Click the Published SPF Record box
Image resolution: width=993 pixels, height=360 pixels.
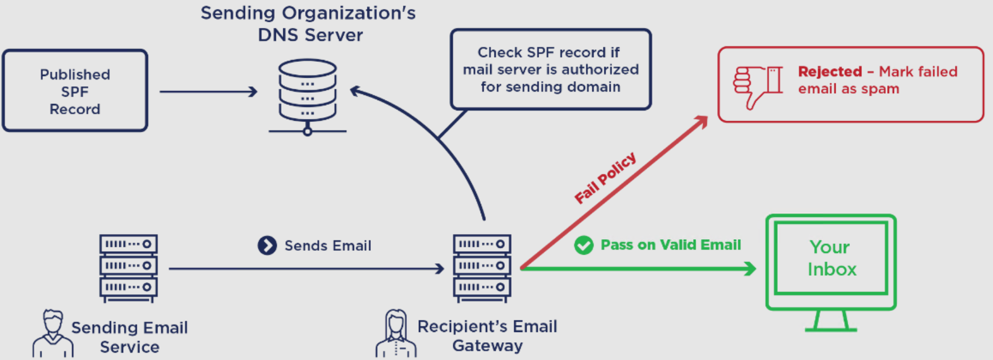point(75,91)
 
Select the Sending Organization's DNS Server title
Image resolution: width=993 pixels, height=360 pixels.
point(308,23)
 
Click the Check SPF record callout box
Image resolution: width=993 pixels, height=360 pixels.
point(551,69)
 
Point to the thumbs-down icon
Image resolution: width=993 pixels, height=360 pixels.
point(758,86)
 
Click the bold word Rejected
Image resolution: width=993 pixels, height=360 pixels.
point(829,72)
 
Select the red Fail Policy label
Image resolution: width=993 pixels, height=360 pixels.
point(605,177)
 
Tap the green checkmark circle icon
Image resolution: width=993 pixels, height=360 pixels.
point(584,245)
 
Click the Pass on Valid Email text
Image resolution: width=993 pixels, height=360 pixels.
point(671,245)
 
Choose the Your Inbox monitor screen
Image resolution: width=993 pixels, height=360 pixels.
point(831,258)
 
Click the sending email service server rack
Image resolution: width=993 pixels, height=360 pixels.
point(128,267)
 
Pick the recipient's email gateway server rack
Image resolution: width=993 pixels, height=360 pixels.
point(482,267)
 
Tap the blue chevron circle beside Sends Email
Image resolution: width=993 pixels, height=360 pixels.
point(267,246)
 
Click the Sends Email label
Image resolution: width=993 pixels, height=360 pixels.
point(328,246)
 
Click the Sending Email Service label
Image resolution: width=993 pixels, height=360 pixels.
point(129,337)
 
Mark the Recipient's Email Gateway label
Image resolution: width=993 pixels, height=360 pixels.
point(487,336)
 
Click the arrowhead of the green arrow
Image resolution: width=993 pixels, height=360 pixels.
point(750,268)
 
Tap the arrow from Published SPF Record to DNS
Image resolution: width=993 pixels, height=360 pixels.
point(208,92)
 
